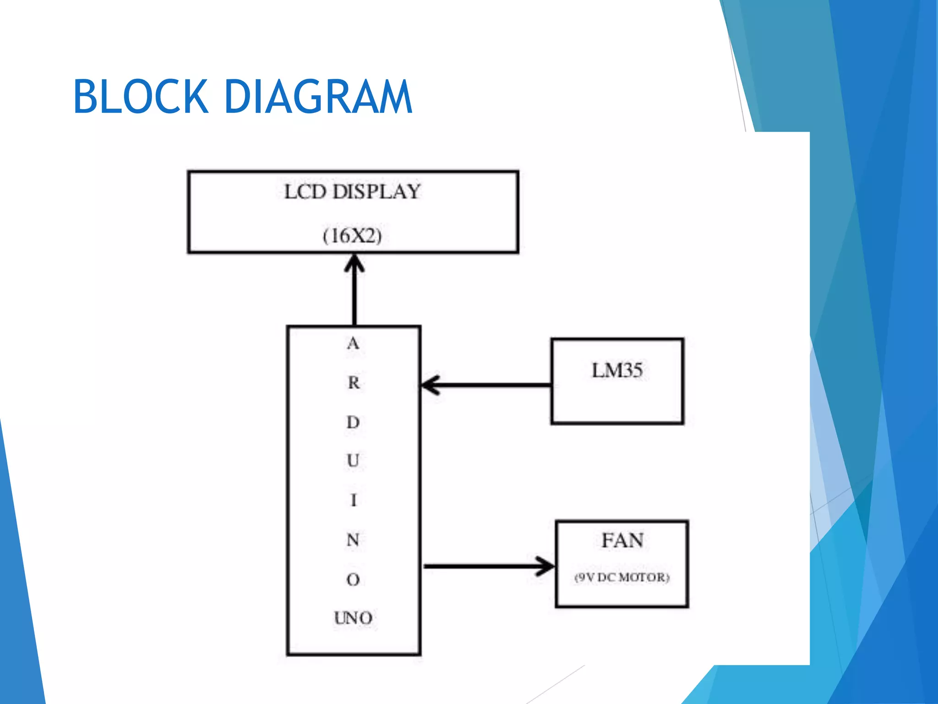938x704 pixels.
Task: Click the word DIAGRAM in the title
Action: [318, 97]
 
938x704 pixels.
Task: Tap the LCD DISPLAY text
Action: [352, 192]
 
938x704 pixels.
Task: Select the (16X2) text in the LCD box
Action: [352, 236]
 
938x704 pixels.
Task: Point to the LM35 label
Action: [617, 370]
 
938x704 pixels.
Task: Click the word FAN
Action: [622, 540]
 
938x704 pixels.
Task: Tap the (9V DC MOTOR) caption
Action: [622, 577]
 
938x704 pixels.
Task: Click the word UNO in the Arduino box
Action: [353, 618]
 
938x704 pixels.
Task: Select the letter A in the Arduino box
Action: [353, 344]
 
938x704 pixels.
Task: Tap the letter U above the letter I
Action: [353, 461]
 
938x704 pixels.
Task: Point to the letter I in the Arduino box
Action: [353, 500]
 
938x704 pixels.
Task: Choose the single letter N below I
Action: [353, 540]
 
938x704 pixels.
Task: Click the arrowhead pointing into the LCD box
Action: [354, 264]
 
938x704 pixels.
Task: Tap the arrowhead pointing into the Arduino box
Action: [430, 385]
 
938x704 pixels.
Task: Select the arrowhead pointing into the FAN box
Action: [546, 566]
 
